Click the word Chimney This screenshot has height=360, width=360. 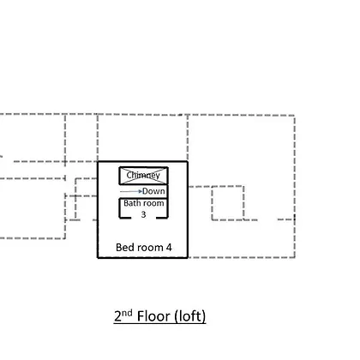point(143,175)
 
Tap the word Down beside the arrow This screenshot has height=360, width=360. point(153,191)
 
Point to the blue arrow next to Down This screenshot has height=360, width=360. point(131,191)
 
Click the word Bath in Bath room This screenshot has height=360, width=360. point(130,203)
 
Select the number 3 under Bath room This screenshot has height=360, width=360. point(143,214)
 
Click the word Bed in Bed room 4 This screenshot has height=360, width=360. point(123,247)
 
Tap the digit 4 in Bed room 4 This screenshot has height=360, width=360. point(169,248)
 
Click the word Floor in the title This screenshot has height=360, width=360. point(153,316)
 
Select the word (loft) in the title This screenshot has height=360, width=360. point(189,316)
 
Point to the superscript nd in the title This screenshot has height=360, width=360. point(127,313)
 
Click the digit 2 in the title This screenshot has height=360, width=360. point(117,316)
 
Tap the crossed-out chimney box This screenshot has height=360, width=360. point(143,176)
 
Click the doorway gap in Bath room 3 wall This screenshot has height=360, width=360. point(144,218)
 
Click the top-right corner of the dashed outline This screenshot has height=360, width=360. point(295,116)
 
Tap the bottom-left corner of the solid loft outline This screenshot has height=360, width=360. point(98,257)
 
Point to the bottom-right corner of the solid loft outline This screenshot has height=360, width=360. point(188,257)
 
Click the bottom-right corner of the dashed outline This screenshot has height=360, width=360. point(295,257)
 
